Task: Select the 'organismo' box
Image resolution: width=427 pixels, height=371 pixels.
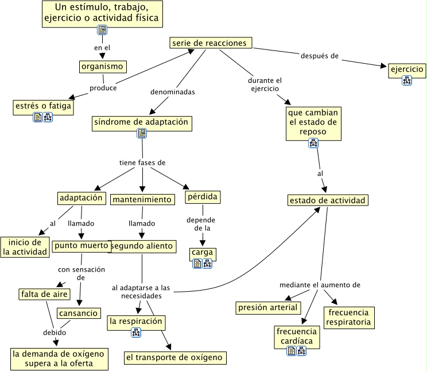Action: click(x=103, y=67)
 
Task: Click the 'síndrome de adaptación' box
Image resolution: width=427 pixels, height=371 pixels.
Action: click(x=142, y=122)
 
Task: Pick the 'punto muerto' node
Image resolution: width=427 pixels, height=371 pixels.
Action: click(x=81, y=246)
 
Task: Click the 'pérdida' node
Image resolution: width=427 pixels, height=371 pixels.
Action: click(x=203, y=197)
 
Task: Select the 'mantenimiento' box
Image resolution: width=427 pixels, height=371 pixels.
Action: click(x=142, y=199)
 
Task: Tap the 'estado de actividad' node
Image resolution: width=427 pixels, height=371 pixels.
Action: click(x=328, y=200)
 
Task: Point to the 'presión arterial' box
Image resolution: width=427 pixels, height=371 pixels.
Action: click(x=269, y=308)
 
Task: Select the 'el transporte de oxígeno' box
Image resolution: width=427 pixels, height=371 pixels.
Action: click(x=174, y=358)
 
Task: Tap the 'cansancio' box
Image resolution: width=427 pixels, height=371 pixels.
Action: click(x=79, y=314)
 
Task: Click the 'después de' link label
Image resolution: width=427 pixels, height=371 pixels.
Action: click(x=320, y=56)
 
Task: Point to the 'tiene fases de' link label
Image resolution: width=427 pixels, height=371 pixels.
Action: click(x=142, y=163)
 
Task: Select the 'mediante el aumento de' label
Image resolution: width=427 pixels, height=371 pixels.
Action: click(x=320, y=285)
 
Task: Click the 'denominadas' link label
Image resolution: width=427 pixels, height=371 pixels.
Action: click(x=173, y=91)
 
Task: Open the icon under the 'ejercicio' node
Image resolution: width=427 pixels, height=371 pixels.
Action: click(x=407, y=80)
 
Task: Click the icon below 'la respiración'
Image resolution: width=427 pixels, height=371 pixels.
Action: click(x=137, y=332)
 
